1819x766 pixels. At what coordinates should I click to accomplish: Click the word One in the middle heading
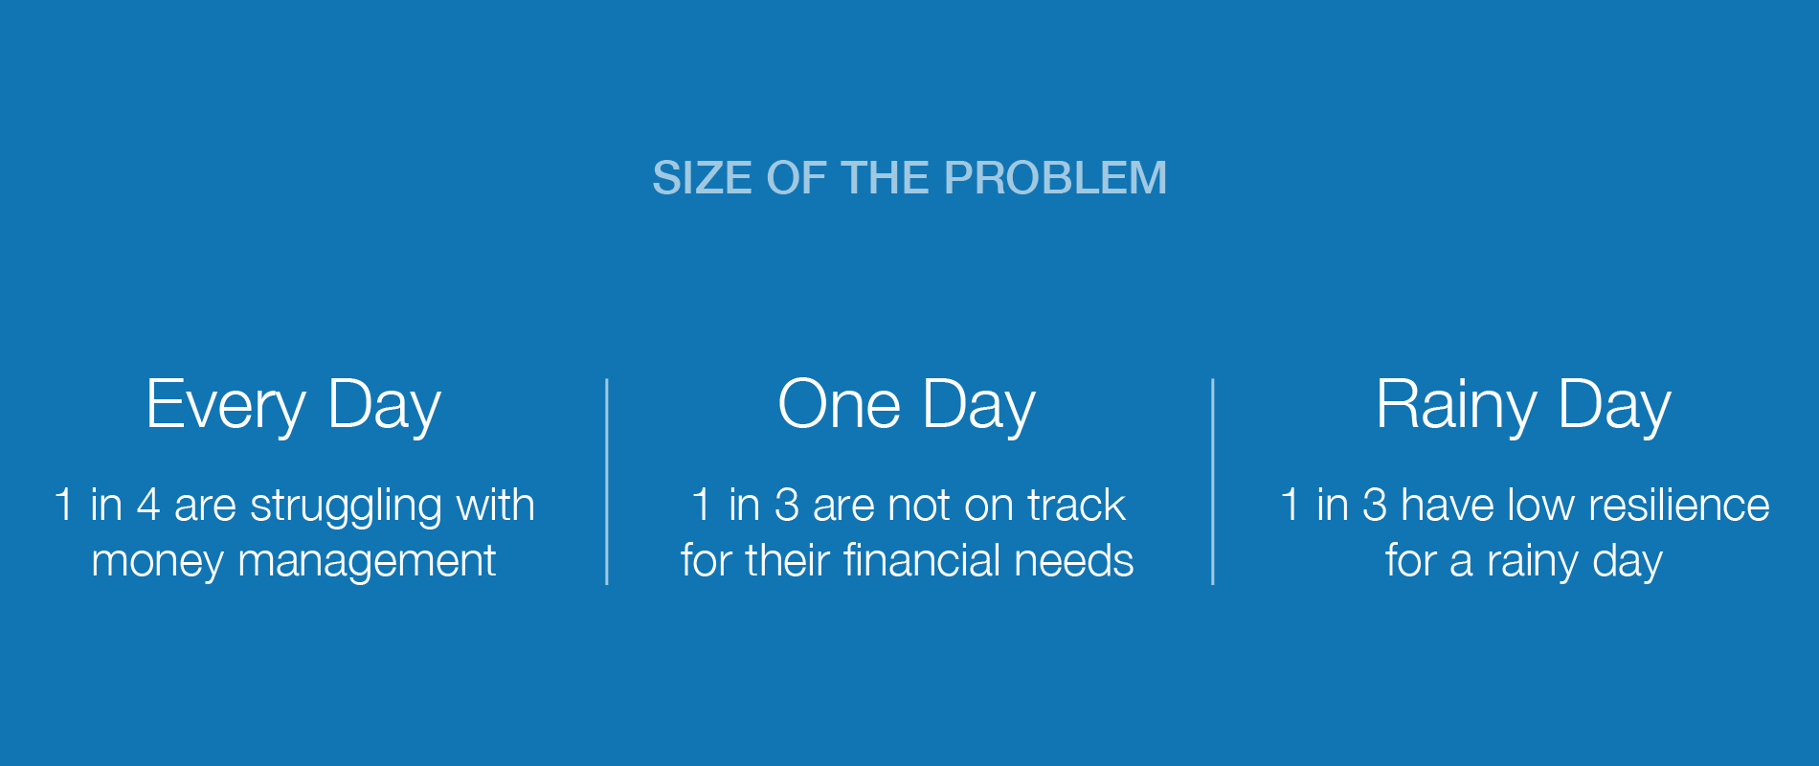click(x=840, y=403)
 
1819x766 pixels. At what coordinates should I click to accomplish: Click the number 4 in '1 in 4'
click(x=148, y=505)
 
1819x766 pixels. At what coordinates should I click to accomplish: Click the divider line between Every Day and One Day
click(x=607, y=482)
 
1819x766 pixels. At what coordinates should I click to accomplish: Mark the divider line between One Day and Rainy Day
click(x=1213, y=482)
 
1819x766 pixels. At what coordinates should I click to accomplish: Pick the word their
click(x=788, y=560)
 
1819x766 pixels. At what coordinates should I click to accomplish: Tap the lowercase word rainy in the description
click(x=1533, y=563)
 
